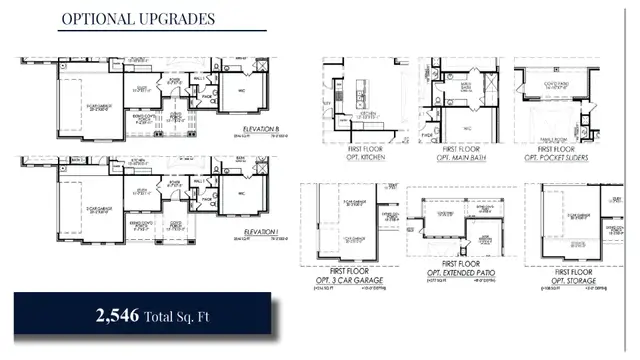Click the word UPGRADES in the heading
[178, 18]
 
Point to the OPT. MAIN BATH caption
[459, 158]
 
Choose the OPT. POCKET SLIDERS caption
[555, 158]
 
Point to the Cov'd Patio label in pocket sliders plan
[555, 85]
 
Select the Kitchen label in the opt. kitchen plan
[368, 113]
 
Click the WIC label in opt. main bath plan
[467, 128]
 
